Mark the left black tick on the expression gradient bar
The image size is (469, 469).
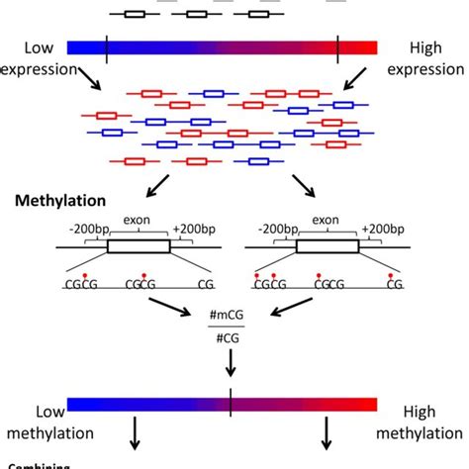coord(106,47)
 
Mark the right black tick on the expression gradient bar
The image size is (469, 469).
coord(338,47)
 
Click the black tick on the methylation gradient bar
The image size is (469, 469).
coord(231,404)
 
